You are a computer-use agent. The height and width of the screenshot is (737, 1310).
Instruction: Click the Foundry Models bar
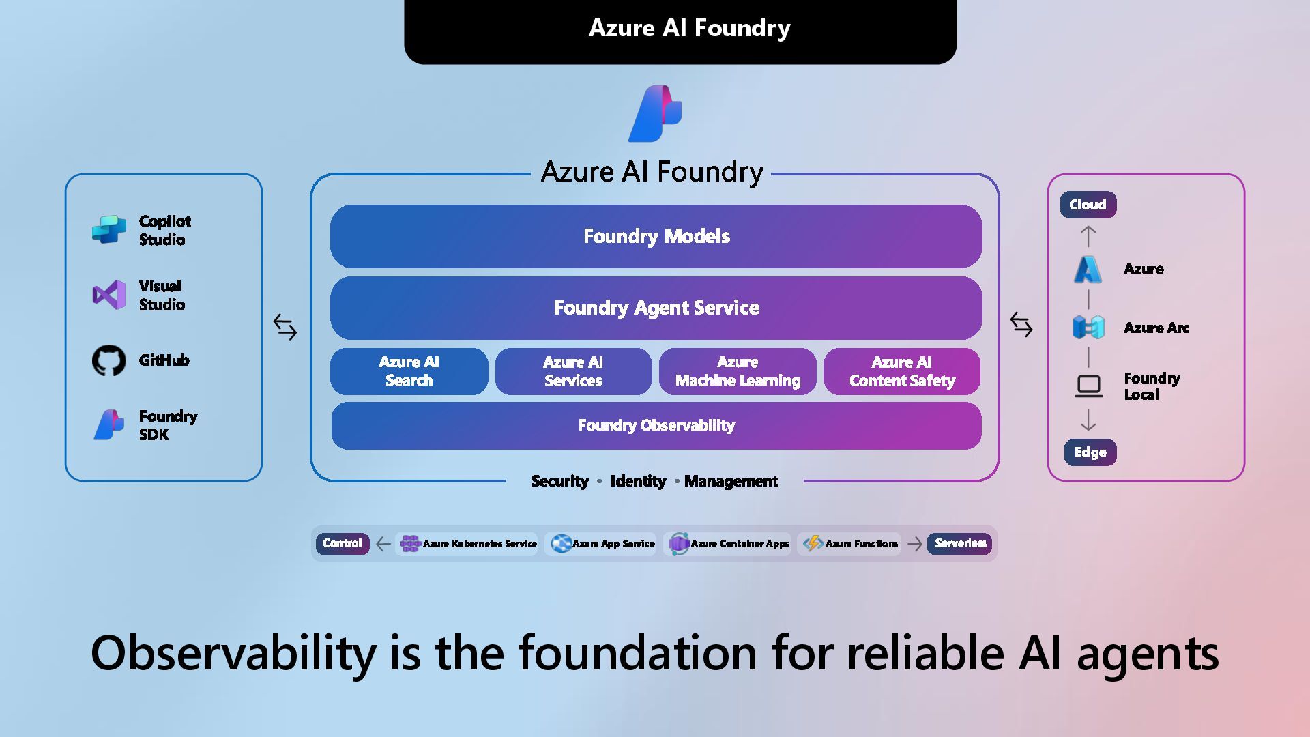[656, 236]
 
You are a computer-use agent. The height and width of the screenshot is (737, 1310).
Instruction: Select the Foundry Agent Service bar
[656, 308]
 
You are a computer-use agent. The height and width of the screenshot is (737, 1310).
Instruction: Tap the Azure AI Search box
[409, 371]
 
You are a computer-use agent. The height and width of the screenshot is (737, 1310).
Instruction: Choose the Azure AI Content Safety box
[902, 371]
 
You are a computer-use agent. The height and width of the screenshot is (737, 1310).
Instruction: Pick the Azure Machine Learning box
[738, 371]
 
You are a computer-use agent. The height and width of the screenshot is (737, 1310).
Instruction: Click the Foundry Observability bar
[656, 426]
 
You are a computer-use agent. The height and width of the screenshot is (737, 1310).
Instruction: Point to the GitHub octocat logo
[109, 360]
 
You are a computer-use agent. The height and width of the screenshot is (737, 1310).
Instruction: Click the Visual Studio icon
[109, 295]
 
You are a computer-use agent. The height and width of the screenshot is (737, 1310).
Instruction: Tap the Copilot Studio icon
[109, 230]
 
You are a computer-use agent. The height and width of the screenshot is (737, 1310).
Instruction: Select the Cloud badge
[1088, 205]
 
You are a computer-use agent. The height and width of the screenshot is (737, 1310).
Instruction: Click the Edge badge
[1090, 452]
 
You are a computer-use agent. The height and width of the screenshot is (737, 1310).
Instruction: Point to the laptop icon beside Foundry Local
[1088, 386]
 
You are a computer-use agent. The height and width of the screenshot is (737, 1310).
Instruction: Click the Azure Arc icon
[1088, 328]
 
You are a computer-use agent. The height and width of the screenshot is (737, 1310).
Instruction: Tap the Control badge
[342, 543]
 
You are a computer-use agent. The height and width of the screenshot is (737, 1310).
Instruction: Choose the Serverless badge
[960, 543]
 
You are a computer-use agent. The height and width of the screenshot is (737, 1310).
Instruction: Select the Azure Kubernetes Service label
[480, 544]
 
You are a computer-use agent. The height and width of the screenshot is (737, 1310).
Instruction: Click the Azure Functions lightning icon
[813, 543]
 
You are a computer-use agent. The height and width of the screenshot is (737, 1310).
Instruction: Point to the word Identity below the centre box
[638, 481]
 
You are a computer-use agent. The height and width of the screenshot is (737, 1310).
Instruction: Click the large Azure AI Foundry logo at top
[655, 113]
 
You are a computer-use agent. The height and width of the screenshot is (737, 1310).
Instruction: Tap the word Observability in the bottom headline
[233, 653]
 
